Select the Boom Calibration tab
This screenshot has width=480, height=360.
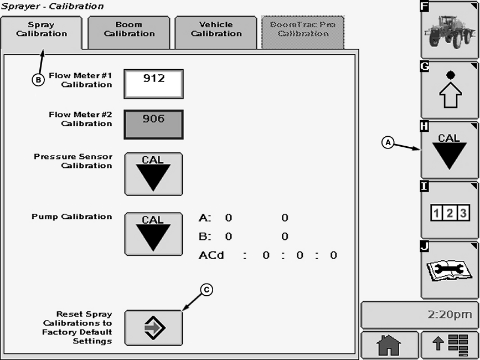129,29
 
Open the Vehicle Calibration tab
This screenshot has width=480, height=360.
216,29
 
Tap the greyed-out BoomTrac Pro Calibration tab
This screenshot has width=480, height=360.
303,29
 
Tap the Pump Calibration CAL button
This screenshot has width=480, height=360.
153,234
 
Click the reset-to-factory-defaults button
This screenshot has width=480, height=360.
153,328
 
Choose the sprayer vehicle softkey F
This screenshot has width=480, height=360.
449,30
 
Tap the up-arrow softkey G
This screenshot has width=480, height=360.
449,90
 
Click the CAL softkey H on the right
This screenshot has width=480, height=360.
449,150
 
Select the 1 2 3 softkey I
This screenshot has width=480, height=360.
449,211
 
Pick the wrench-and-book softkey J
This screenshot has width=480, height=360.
449,270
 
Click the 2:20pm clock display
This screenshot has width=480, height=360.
419,315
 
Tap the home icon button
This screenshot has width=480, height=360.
389,345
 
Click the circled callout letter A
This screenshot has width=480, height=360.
388,142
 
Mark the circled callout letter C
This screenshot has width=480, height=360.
207,289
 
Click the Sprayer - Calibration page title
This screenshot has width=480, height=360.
52,6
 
